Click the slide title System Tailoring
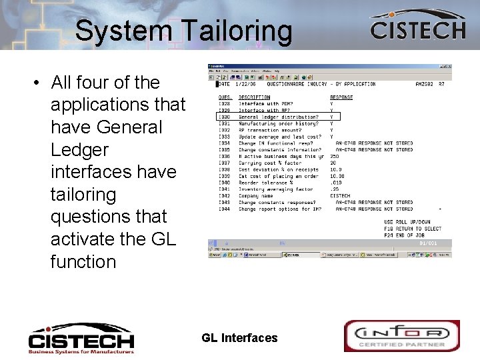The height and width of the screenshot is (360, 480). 183,31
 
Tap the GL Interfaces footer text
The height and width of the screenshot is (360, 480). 239,338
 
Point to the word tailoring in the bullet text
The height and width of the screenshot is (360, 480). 83,194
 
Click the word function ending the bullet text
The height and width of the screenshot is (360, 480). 83,261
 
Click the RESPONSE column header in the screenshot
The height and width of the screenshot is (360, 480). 341,97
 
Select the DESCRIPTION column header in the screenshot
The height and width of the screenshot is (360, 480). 254,97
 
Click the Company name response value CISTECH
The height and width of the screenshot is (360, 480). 340,196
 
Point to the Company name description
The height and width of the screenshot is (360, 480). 256,196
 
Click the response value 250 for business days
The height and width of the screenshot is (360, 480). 334,156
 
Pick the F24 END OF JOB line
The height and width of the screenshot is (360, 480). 408,235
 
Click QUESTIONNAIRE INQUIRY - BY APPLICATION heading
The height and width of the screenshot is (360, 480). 321,85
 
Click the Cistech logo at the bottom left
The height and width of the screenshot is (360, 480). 81,339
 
